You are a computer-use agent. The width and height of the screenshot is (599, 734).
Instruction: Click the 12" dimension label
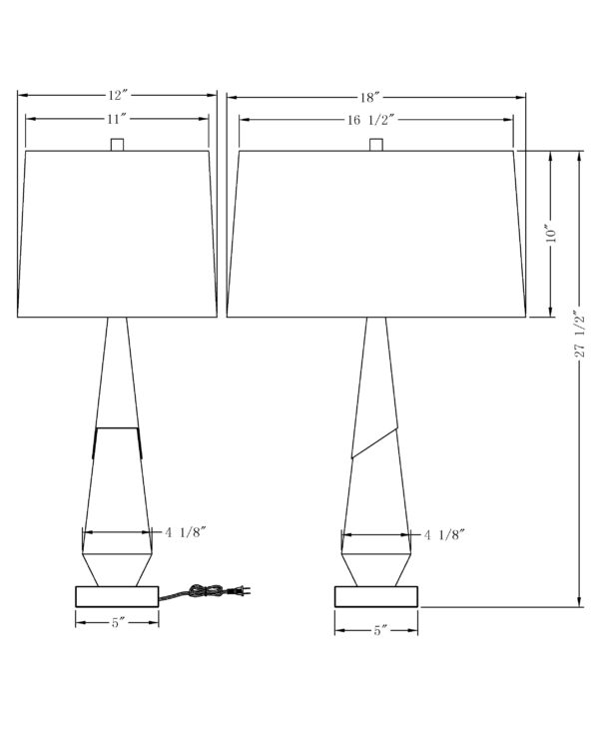(118, 96)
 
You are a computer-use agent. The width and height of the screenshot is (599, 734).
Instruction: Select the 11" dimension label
(117, 119)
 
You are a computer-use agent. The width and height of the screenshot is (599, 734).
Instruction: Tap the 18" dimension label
(369, 98)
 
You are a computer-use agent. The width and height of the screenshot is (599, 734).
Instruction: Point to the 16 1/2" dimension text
(372, 120)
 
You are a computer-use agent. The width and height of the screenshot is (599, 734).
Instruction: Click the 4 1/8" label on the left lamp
(186, 532)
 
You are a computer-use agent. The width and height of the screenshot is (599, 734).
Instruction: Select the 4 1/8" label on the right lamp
(444, 534)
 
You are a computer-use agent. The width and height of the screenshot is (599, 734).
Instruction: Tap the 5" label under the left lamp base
(118, 623)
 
